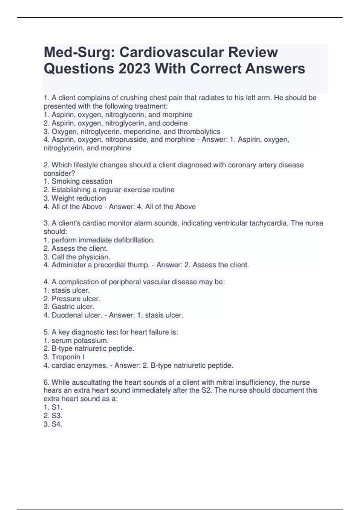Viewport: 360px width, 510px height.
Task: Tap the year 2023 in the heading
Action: coord(134,69)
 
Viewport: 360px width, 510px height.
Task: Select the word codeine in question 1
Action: coord(175,123)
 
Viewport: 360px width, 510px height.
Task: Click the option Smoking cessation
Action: coord(82,181)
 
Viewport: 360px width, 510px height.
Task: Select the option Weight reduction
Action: coord(79,198)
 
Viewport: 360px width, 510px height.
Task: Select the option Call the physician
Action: coord(81,257)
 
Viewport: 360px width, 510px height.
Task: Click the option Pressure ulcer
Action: coord(76,298)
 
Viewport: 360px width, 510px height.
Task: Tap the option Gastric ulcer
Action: coord(73,307)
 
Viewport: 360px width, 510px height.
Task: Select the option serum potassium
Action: coord(80,340)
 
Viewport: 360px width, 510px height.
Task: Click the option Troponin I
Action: coord(68,357)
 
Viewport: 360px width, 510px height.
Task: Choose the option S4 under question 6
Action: coord(57,424)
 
